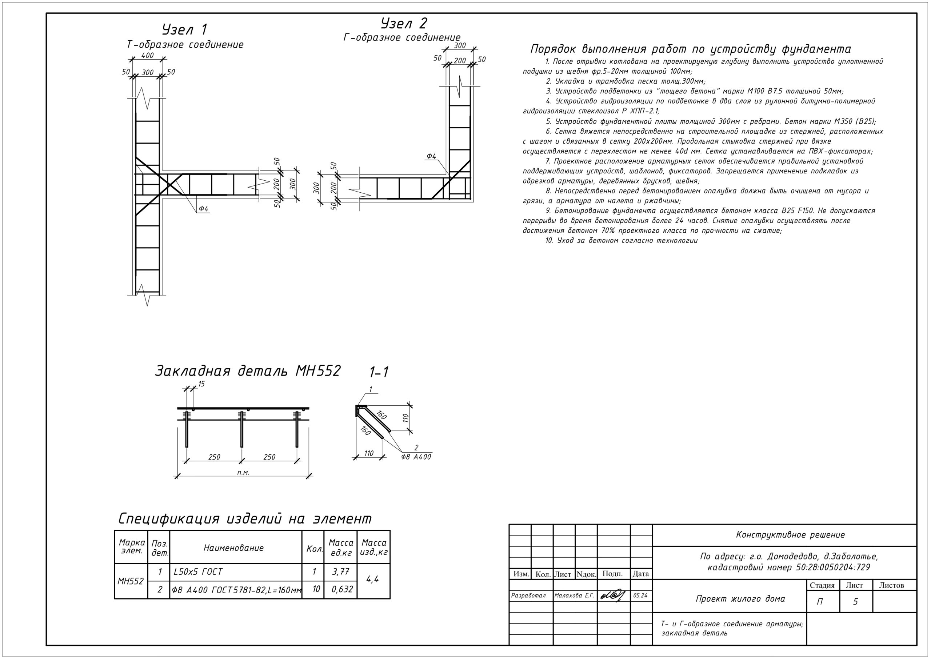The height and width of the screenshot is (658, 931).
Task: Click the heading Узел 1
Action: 184,29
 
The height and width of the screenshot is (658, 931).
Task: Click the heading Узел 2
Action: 404,24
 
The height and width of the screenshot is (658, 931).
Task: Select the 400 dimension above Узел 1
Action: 147,56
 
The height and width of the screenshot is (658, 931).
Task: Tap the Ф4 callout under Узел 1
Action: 203,209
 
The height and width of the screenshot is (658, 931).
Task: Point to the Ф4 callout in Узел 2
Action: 431,156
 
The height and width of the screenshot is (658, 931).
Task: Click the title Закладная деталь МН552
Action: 247,371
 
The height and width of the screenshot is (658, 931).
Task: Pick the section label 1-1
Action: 379,372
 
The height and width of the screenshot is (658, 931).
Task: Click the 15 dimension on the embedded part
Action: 201,384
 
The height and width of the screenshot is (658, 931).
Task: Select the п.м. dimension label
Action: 243,472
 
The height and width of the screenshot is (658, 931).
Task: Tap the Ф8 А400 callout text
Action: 416,457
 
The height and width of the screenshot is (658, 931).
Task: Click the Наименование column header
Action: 233,548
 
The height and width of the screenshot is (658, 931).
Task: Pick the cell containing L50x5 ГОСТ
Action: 198,571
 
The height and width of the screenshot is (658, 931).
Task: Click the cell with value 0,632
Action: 342,589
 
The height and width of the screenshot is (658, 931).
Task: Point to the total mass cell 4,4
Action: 373,580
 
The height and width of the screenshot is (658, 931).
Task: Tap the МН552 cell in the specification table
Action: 131,581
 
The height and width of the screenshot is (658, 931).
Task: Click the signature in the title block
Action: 613,595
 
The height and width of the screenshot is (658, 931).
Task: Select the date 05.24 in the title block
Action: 640,595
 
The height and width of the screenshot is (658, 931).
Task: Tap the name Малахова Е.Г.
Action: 574,595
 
